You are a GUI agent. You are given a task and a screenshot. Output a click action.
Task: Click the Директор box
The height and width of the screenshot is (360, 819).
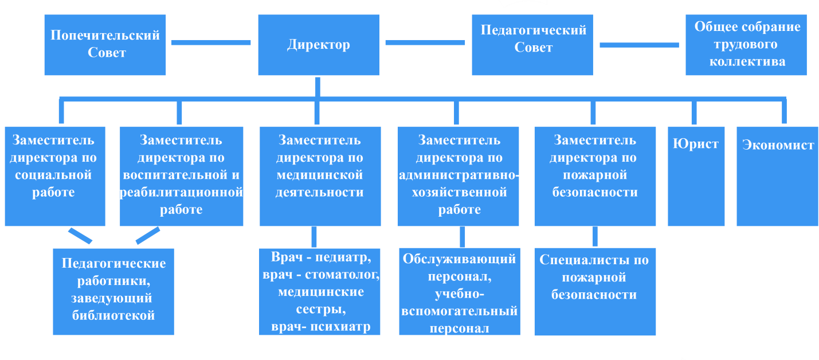(x=318, y=45)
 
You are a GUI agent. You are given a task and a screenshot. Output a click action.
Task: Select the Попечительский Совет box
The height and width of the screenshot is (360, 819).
(x=105, y=45)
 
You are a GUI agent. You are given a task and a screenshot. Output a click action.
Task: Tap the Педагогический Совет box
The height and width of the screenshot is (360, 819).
(x=532, y=45)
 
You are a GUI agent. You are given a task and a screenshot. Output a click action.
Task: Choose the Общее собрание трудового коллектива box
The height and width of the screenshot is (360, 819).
(x=746, y=45)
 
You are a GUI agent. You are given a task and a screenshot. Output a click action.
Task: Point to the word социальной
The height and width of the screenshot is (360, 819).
(x=54, y=175)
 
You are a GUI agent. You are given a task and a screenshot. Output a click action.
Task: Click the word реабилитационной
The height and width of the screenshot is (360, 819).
(x=181, y=193)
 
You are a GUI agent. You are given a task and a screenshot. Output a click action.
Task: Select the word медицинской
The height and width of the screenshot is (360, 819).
(x=320, y=175)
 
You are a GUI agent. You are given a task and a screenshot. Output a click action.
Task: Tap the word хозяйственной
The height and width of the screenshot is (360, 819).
(x=460, y=193)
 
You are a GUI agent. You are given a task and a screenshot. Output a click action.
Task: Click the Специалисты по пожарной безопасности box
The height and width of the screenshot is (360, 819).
(x=594, y=291)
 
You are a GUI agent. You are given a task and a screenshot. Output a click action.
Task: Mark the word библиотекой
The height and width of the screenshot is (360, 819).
(x=113, y=315)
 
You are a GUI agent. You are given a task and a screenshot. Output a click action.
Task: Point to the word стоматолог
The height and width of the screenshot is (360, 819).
(x=343, y=275)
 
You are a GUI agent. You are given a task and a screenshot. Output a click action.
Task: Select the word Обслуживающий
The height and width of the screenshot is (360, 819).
(x=460, y=259)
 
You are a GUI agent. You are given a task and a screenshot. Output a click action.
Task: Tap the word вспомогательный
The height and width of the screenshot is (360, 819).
(x=460, y=311)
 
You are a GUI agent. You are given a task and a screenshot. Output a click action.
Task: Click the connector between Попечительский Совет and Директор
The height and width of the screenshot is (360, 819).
(x=211, y=42)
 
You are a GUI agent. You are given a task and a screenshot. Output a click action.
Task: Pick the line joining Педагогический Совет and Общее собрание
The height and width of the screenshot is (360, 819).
(x=638, y=45)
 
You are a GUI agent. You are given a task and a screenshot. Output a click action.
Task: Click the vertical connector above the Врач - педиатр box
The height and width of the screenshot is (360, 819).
(x=314, y=237)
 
